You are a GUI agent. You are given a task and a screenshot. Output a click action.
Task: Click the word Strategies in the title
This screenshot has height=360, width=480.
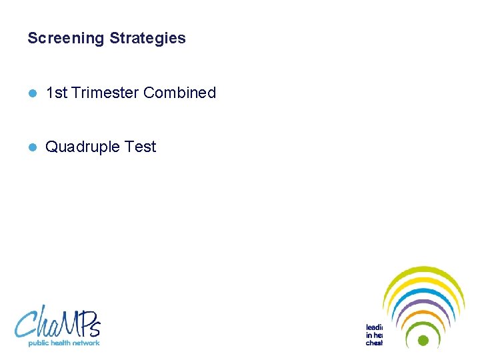coord(147,39)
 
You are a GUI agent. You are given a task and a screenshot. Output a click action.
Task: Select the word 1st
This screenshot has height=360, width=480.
coord(56,93)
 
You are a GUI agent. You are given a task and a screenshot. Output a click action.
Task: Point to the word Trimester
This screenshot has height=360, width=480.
coord(105,93)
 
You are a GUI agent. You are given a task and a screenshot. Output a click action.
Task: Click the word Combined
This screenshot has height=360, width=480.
coord(179,93)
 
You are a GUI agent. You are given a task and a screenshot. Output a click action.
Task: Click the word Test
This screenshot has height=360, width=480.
coord(140,147)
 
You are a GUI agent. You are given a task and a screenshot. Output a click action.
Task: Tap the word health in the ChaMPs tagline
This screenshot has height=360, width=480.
coord(61,343)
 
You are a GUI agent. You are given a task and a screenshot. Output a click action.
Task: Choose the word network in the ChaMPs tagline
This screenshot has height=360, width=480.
coord(87,343)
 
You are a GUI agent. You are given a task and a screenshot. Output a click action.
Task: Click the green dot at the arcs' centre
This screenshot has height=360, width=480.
coord(423,340)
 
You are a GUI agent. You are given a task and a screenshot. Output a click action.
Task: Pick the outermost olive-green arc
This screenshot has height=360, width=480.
coord(423,270)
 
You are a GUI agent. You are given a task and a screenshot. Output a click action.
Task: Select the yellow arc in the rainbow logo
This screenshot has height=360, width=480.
coord(423,281)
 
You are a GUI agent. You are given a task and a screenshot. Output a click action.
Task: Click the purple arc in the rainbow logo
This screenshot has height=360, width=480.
coord(423,303)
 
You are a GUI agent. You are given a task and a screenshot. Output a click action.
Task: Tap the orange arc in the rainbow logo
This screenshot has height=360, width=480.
coord(423,314)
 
